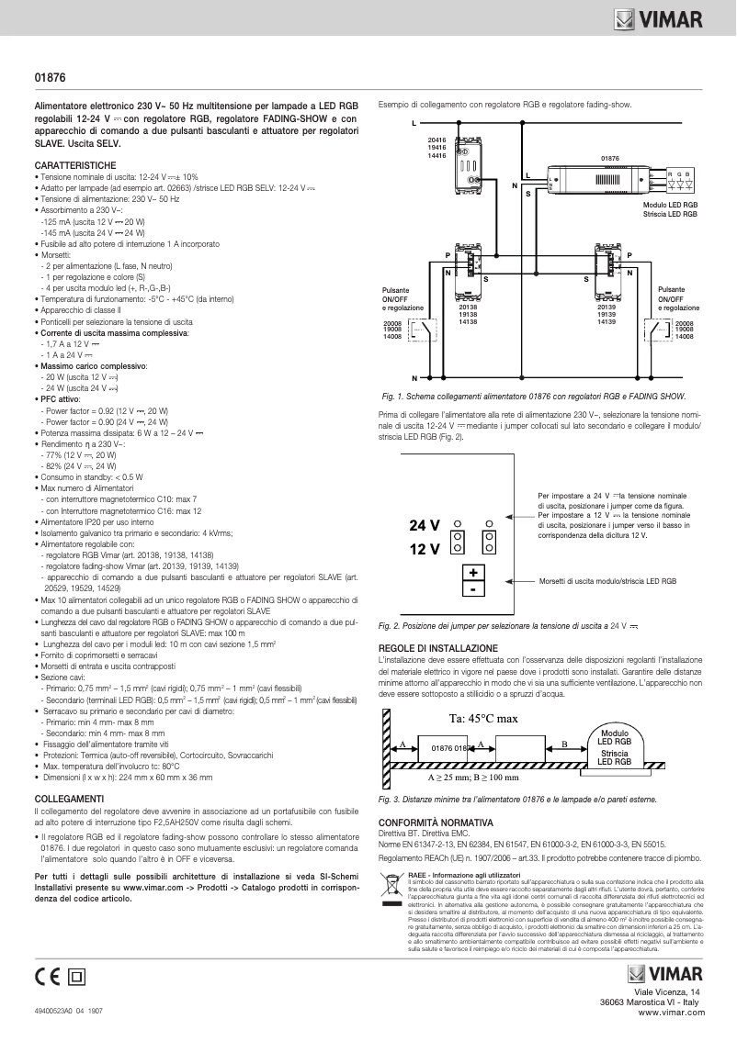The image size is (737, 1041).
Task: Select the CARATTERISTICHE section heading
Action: pos(75,163)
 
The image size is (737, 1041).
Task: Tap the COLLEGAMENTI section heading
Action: pos(68,799)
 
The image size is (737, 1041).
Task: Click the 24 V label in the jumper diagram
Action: pos(424,526)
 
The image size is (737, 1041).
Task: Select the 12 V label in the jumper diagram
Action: pos(424,549)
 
